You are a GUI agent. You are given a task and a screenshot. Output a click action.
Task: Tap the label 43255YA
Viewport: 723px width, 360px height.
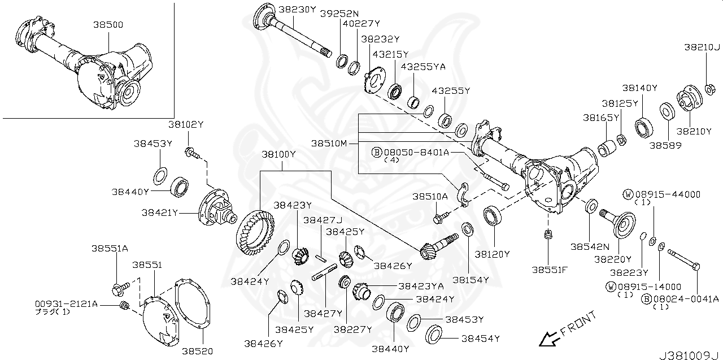(423, 67)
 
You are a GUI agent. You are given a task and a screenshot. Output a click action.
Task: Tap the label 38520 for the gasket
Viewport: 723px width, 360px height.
(197, 351)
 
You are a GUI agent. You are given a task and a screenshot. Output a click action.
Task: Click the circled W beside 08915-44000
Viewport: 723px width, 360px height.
(627, 194)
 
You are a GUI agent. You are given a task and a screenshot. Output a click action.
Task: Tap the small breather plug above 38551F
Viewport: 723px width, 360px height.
(547, 235)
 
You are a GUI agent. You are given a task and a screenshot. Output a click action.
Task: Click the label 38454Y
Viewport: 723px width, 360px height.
(480, 339)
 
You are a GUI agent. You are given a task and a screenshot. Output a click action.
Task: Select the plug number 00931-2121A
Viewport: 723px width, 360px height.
(66, 304)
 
